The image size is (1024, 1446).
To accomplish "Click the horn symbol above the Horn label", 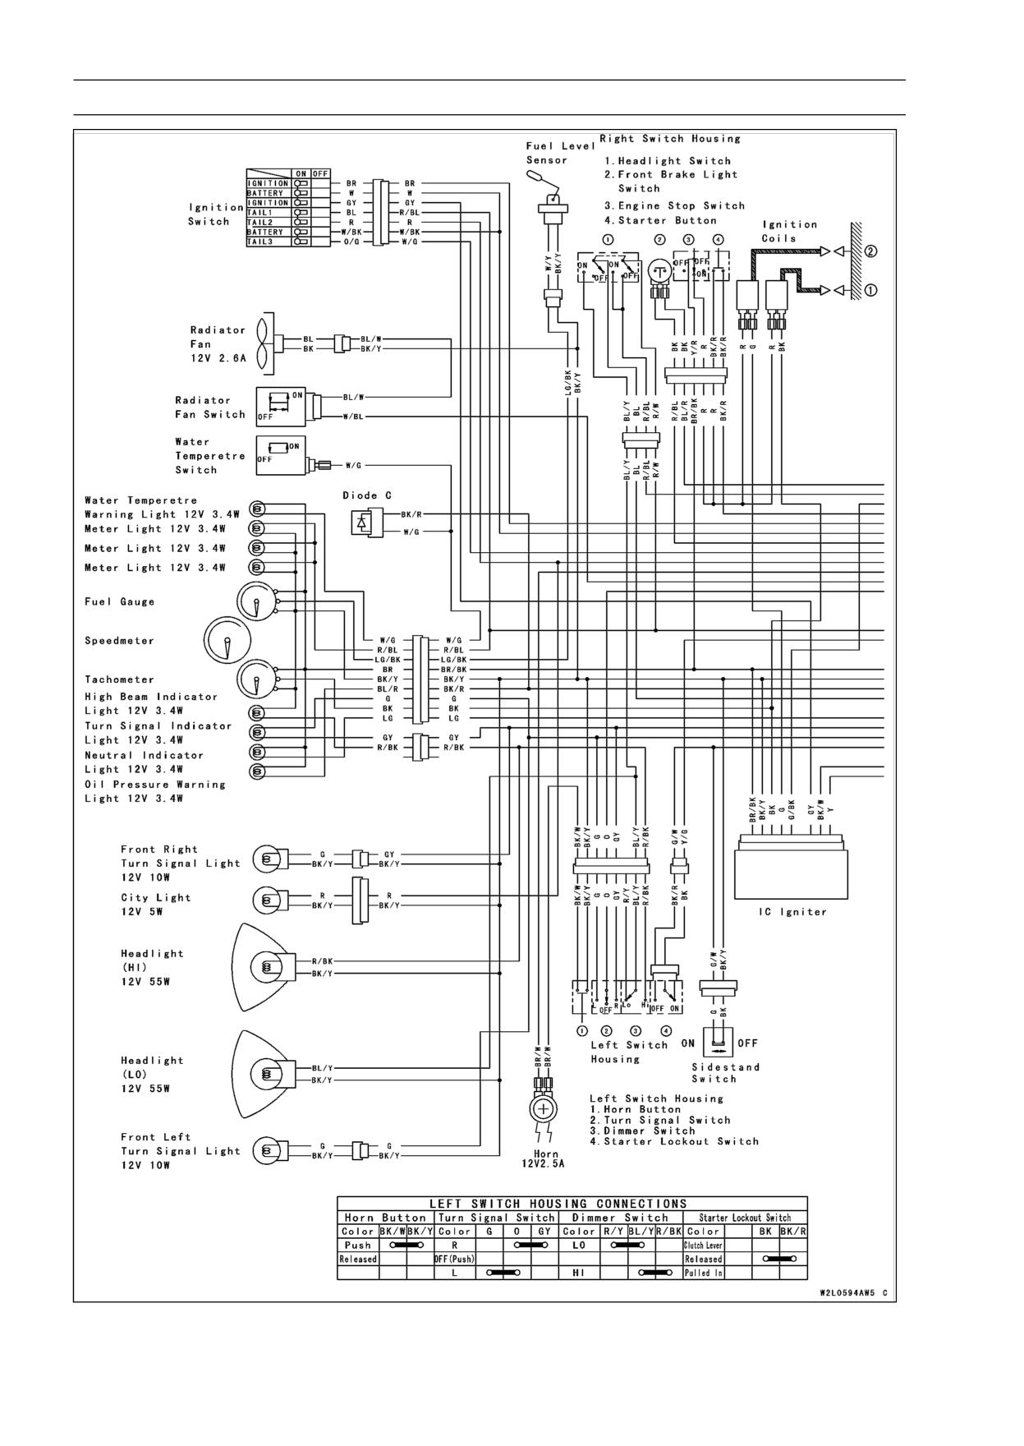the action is point(543,1109).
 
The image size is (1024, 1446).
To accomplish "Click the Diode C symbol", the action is point(366,521).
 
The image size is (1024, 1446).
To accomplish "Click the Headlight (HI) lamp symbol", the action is point(259,967).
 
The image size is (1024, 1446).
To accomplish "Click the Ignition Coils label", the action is point(789,231).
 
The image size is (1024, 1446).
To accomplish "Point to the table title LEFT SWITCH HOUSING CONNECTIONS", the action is point(559,1204).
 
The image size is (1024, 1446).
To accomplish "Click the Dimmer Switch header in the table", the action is point(620,1218).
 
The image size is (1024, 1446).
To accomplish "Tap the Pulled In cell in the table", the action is point(703,1273).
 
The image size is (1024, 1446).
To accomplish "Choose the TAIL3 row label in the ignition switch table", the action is point(268,242).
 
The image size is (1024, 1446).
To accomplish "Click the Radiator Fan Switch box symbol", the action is point(281,406).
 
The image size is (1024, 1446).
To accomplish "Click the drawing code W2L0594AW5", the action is point(848,1292).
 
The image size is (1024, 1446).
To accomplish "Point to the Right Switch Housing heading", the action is point(670,138).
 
